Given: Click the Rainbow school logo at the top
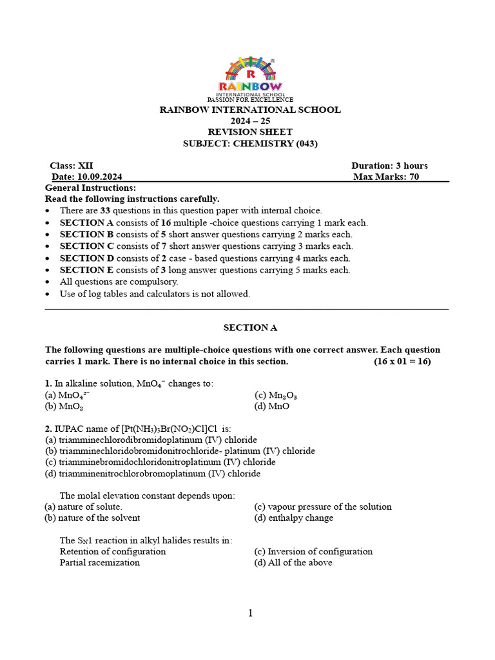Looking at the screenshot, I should tap(249, 77).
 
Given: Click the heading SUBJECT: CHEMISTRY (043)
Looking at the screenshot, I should tap(251, 144).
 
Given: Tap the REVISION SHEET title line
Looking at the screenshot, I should tap(250, 132).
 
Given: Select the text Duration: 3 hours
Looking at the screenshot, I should tap(389, 166).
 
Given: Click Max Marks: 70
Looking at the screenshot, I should tap(386, 177).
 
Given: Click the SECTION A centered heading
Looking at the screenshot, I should tap(250, 327).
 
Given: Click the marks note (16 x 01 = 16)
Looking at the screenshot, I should tap(402, 362).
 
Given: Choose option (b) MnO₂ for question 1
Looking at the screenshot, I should tap(64, 407).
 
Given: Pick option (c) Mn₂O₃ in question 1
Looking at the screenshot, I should tap(276, 395).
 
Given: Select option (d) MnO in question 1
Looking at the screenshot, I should tap(272, 407).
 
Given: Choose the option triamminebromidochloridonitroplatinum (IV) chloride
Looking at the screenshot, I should tap(160, 462).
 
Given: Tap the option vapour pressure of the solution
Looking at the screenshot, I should tap(323, 507).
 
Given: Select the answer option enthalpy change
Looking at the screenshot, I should tap(294, 518).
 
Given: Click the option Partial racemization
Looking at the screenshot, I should tap(99, 563).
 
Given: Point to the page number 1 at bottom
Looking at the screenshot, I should tap(251, 614).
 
